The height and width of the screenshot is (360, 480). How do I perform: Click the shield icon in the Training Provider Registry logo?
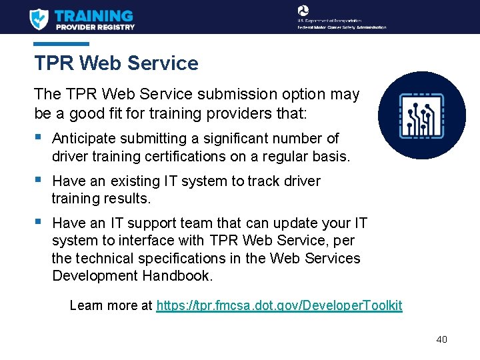[39, 18]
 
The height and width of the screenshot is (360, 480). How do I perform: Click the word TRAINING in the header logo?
[93, 15]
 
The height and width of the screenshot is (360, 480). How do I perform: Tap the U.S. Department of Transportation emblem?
[303, 10]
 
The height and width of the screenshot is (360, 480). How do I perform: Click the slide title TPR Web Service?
[117, 63]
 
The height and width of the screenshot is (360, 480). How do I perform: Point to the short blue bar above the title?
[61, 44]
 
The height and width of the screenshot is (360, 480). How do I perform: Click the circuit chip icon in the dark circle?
[421, 115]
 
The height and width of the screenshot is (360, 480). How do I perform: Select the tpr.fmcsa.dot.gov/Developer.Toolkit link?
[279, 305]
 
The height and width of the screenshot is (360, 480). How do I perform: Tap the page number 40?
[441, 339]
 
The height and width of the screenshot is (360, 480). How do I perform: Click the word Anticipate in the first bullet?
[84, 139]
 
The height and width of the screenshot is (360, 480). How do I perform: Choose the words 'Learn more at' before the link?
[111, 305]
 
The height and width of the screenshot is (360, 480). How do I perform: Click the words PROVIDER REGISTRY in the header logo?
[95, 27]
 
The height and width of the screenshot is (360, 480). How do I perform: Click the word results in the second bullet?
[127, 199]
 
